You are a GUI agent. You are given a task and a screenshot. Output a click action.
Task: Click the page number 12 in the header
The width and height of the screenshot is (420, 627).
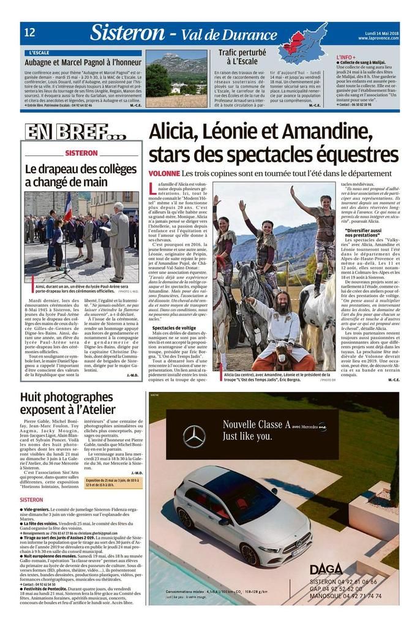(29, 32)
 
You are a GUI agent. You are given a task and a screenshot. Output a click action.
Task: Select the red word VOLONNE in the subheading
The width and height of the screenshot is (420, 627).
(163, 174)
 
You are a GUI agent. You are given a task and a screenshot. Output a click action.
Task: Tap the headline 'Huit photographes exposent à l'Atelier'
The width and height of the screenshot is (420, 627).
(67, 403)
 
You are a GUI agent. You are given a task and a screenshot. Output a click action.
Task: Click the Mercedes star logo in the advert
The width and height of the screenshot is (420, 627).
(195, 436)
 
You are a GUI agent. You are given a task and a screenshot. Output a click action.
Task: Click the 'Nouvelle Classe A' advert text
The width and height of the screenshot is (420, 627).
(255, 424)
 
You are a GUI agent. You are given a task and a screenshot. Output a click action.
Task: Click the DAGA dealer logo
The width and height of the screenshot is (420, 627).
(326, 568)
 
